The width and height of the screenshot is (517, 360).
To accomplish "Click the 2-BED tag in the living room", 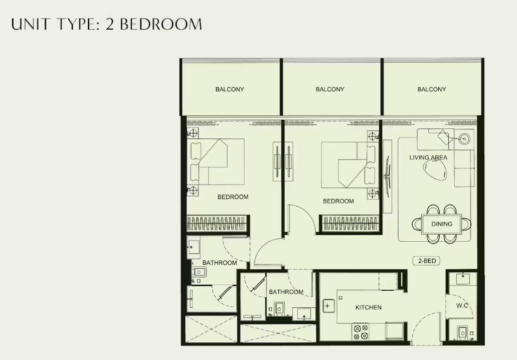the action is tap(427, 261).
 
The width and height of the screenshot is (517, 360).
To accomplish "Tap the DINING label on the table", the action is tap(441, 224).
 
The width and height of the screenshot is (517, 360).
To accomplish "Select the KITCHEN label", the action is tap(368, 307).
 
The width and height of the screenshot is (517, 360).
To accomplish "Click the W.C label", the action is tap(462, 306).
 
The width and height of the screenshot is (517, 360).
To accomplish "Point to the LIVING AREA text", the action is tap(428, 157).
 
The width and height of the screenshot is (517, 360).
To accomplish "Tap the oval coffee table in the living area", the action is tap(435, 170).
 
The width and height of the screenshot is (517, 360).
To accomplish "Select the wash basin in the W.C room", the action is tap(463, 279).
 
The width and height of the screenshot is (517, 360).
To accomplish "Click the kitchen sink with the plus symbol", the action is tap(328, 306).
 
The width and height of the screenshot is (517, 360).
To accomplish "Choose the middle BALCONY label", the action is tap(330, 89).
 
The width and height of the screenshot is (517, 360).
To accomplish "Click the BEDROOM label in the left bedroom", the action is tap(233, 197).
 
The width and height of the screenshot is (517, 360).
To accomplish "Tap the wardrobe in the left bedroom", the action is tap(217, 224).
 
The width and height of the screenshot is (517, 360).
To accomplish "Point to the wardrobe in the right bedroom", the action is tap(350, 224).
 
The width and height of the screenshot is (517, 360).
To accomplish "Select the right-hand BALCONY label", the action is tap(432, 89).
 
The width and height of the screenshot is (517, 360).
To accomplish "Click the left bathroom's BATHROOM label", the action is tap(220, 263).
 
